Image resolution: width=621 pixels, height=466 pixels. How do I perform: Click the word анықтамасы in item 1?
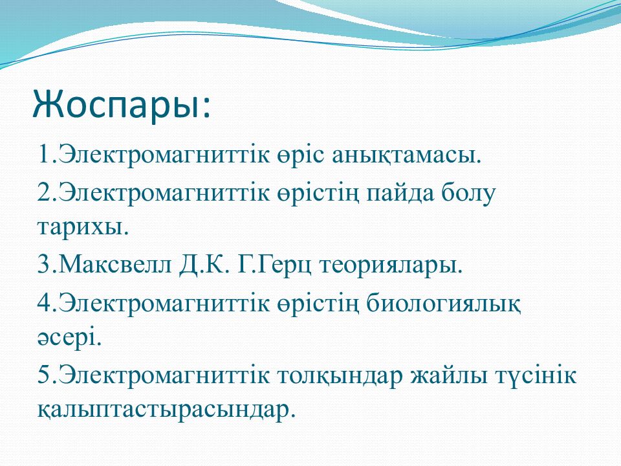pos(406,155)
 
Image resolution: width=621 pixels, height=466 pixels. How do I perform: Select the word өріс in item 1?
pos(301,155)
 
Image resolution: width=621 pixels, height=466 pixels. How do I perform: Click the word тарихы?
pos(83,228)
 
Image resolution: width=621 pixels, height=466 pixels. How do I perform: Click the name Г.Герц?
pos(274,265)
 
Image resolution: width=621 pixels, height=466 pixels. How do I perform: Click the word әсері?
pos(70,338)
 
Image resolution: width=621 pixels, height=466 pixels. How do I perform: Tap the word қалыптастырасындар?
pos(166,409)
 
